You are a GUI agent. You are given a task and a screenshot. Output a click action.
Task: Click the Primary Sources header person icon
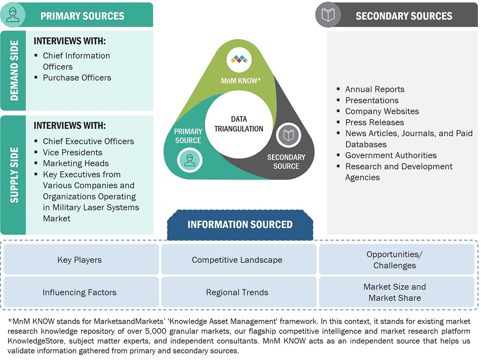[x=13, y=15]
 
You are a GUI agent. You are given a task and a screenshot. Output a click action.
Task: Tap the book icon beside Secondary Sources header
[x=328, y=15]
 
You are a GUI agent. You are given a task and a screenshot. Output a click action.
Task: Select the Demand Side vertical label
[x=13, y=71]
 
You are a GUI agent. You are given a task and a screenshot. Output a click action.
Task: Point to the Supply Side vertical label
[x=13, y=175]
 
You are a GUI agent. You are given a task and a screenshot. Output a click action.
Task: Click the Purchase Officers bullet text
[x=77, y=77]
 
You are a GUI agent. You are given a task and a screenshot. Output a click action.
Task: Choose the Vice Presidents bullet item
[x=73, y=152]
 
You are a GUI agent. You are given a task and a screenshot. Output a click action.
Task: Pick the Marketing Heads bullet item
[x=76, y=163]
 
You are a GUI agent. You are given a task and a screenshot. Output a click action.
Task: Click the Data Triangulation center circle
[x=239, y=124]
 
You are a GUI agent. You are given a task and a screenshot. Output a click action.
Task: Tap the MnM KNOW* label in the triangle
[x=241, y=81]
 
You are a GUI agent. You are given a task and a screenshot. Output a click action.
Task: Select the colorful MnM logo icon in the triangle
[x=239, y=59]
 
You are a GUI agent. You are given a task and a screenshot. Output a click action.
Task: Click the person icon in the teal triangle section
[x=190, y=160]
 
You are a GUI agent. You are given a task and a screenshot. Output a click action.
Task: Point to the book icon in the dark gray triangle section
[x=289, y=136]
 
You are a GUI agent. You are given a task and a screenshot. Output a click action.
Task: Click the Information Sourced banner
[x=240, y=224]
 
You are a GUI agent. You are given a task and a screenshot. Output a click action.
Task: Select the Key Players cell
[x=80, y=260]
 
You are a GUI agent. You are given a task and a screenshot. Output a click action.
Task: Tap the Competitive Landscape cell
[x=237, y=260]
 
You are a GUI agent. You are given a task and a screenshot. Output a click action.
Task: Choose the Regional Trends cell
[x=237, y=292]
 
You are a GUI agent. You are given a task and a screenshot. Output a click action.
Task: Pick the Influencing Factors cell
[x=80, y=292]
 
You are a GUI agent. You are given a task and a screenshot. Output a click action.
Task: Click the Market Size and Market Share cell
[x=395, y=292]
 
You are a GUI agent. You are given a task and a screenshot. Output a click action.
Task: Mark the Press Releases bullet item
[x=375, y=122]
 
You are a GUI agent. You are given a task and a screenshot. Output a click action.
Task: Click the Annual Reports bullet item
[x=375, y=89]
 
